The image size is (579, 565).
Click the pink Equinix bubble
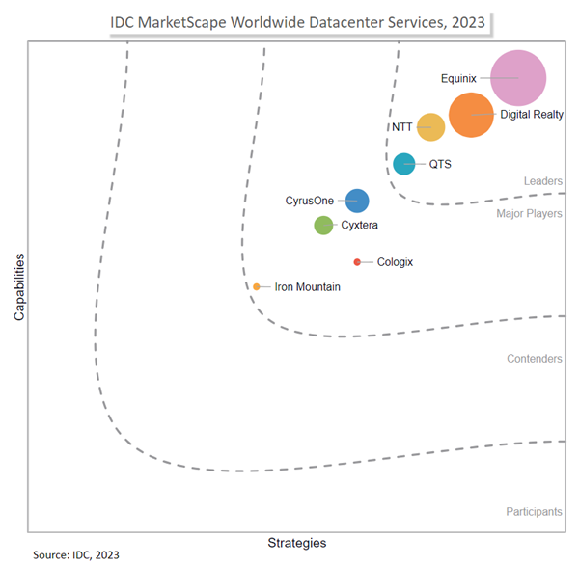click(518, 78)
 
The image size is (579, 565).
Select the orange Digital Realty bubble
click(472, 115)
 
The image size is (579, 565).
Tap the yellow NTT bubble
click(430, 127)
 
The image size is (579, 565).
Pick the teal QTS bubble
click(404, 164)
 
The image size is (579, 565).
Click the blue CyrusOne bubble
click(357, 201)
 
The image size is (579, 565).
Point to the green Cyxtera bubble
click(324, 226)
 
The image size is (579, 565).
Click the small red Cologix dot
click(357, 262)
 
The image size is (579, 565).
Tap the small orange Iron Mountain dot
click(257, 286)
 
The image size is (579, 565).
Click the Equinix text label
click(458, 78)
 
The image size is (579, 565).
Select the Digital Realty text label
click(532, 115)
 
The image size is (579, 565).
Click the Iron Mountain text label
click(307, 287)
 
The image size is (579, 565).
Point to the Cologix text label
click(395, 262)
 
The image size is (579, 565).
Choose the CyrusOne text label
click(309, 201)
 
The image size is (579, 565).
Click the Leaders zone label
click(543, 181)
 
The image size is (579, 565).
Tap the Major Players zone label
click(529, 214)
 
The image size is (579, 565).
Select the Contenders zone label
click(535, 359)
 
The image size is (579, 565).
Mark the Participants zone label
click(534, 512)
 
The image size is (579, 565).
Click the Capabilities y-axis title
click(19, 287)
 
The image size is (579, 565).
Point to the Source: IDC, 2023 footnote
click(76, 555)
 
